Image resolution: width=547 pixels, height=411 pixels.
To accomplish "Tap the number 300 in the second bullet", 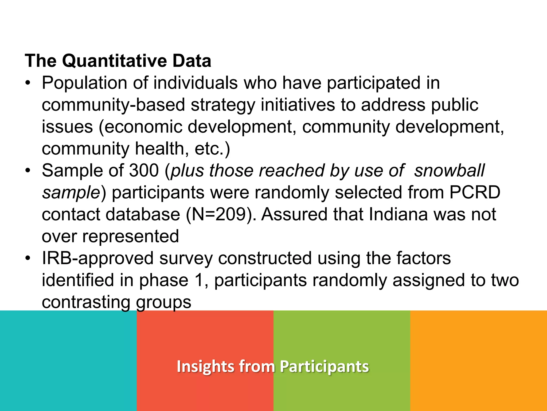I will (144, 170).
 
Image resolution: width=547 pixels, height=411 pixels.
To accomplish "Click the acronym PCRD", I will (475, 192).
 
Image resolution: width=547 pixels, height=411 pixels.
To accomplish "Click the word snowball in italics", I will (449, 170).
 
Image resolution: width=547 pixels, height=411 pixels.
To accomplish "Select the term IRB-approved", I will (97, 258).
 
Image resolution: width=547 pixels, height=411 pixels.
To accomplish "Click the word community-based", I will (113, 105).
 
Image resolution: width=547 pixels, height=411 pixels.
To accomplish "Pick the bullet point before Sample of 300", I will (28, 170).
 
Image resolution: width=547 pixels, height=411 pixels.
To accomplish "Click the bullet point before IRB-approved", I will (28, 258).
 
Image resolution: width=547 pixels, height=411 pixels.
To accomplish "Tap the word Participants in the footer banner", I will (324, 366).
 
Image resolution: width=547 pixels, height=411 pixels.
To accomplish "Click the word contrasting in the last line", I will (86, 302).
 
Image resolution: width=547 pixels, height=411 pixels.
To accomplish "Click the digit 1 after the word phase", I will (199, 280).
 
